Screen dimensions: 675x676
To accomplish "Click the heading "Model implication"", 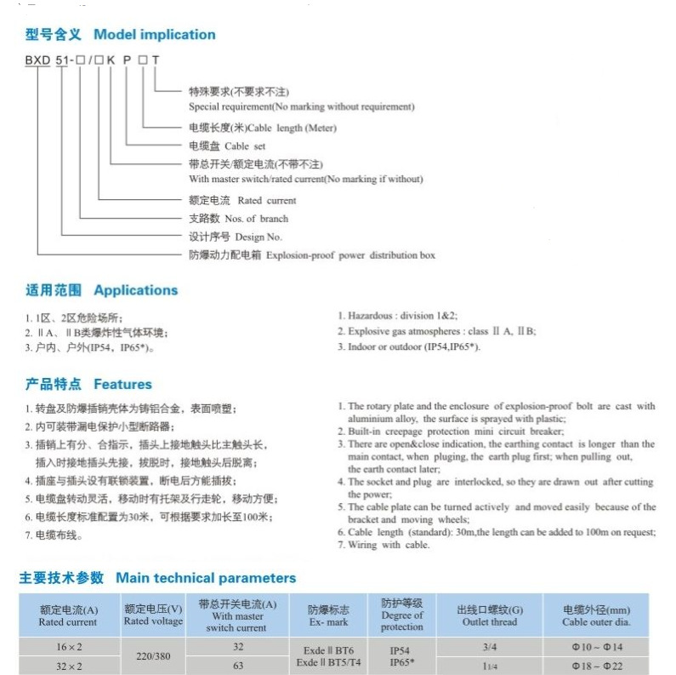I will [x=154, y=35].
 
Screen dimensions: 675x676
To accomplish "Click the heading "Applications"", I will [x=135, y=290].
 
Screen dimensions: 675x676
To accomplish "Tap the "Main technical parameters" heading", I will [x=206, y=578].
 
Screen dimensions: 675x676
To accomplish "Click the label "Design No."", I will [x=258, y=237].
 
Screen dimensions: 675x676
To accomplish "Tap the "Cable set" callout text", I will [x=244, y=146].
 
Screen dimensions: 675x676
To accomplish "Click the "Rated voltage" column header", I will [x=153, y=621].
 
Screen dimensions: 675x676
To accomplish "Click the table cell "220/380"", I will [x=153, y=656].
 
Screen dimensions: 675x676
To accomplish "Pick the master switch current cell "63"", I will [x=237, y=666].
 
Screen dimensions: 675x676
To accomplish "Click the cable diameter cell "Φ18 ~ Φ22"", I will [x=595, y=666].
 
